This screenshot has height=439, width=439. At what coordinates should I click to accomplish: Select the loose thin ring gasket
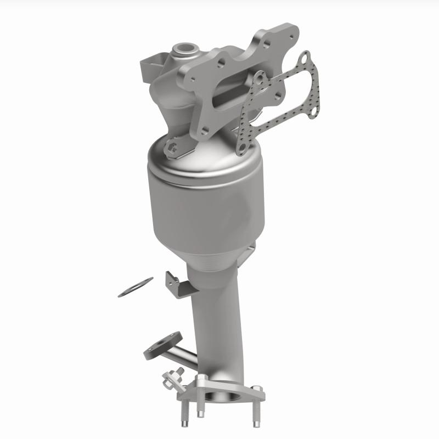point(135,288)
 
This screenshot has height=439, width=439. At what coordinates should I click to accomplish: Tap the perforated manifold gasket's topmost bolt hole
point(305,58)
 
